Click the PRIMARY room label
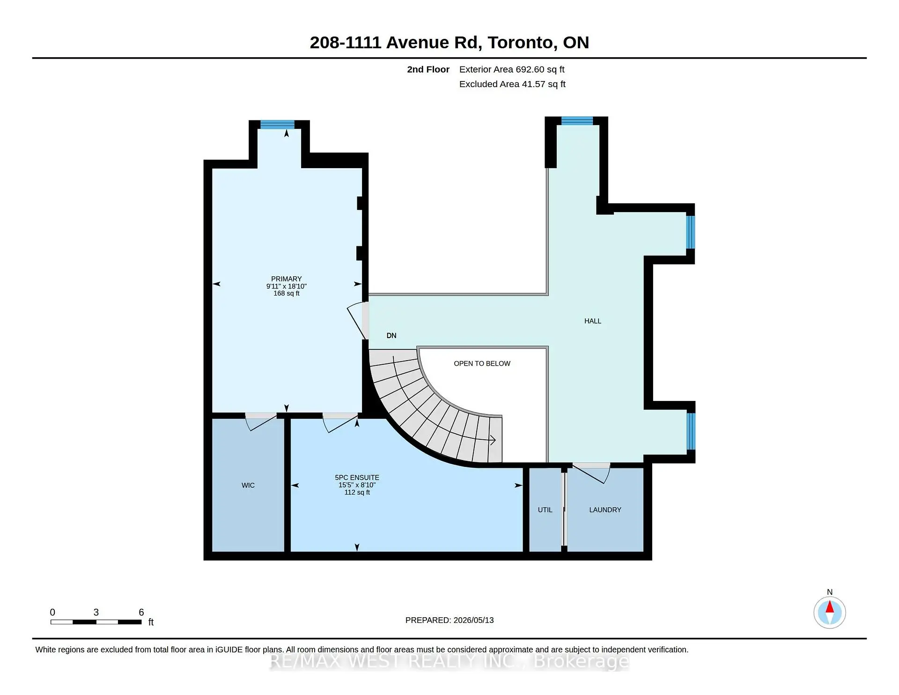[286, 279]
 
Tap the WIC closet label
[248, 485]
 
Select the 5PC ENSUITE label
[357, 478]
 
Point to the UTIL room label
[545, 510]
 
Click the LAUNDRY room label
[605, 510]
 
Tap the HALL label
[593, 321]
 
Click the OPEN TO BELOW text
[482, 363]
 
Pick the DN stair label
[391, 335]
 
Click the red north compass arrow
[830, 607]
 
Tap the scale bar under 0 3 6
[96, 622]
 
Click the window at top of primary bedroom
[277, 125]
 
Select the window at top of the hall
[577, 121]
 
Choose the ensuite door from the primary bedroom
[340, 422]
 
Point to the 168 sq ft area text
[286, 293]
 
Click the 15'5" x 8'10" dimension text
[357, 485]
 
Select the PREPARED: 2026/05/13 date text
[449, 620]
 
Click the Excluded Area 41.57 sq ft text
[512, 84]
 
